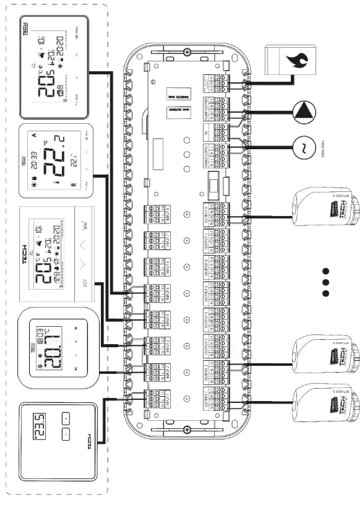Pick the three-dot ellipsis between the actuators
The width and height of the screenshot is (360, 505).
(x=327, y=282)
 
